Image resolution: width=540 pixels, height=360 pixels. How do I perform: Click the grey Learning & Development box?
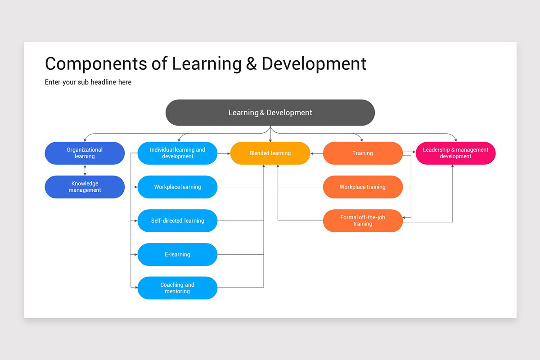point(270,112)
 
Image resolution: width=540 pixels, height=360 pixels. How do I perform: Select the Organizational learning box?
point(85,153)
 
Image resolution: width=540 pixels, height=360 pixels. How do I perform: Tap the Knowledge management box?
point(85,187)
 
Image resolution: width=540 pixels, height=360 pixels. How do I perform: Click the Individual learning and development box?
point(177,153)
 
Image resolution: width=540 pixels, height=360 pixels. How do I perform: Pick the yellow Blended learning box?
point(270,153)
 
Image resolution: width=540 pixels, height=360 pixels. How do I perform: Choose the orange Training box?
point(363,153)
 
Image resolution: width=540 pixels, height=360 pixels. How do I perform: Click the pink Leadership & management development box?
point(455,153)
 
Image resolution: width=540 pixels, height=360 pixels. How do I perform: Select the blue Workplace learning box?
point(177,187)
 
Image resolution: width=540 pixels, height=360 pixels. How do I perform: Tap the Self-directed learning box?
point(177,220)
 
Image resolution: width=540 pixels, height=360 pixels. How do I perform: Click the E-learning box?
point(177,254)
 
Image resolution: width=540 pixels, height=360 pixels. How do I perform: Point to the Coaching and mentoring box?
point(177,288)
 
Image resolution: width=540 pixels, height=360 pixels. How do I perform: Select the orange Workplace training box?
point(363,187)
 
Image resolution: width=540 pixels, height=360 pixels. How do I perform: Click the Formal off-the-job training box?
point(363,220)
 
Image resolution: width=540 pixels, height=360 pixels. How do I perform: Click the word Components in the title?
point(95,64)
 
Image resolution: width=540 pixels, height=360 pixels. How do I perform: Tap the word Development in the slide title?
point(314,64)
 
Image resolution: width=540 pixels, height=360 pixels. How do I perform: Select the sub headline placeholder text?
point(88,82)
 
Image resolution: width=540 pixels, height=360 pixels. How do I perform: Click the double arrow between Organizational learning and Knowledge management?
point(85,170)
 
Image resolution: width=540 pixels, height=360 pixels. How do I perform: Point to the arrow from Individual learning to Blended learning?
point(224,153)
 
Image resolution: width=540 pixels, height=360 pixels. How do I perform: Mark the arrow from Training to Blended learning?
point(316,153)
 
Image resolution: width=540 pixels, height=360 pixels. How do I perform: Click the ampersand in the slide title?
point(251,64)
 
